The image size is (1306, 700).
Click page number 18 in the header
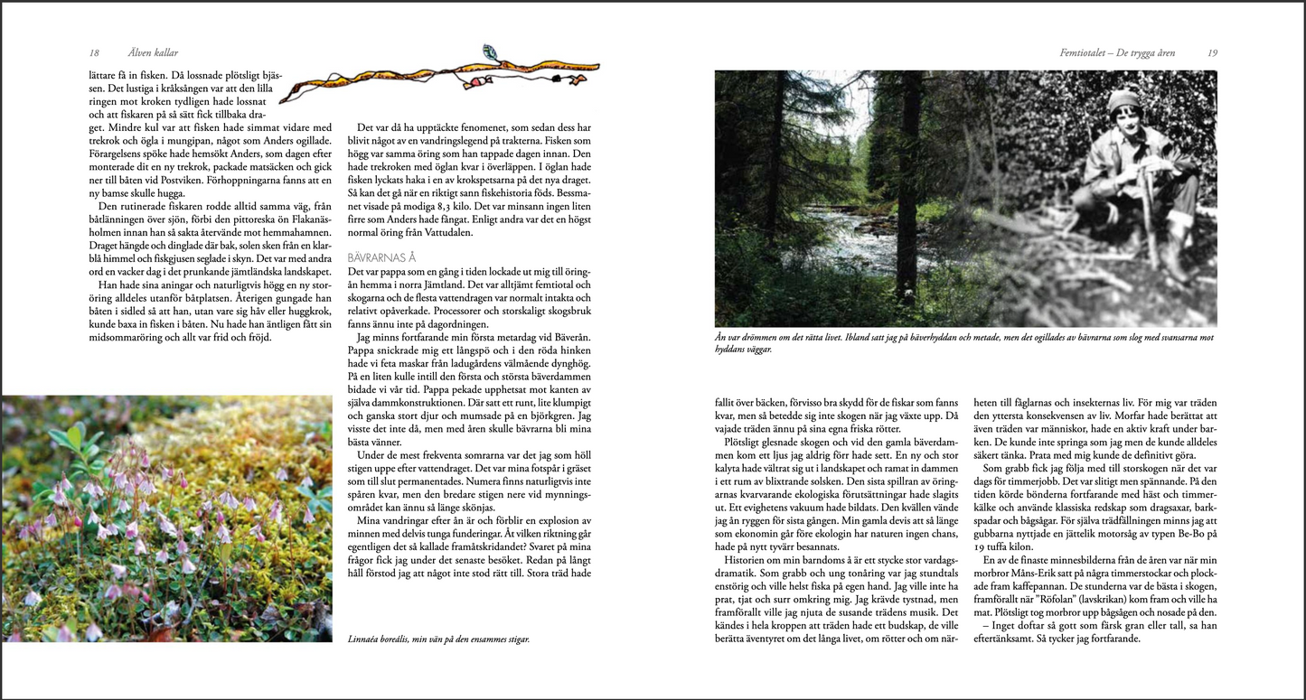tap(94, 53)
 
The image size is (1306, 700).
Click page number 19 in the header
tap(1212, 53)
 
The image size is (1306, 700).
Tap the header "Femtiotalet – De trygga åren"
tap(1117, 53)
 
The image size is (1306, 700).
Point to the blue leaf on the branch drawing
tap(491, 51)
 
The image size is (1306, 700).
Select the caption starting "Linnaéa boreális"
tap(438, 639)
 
